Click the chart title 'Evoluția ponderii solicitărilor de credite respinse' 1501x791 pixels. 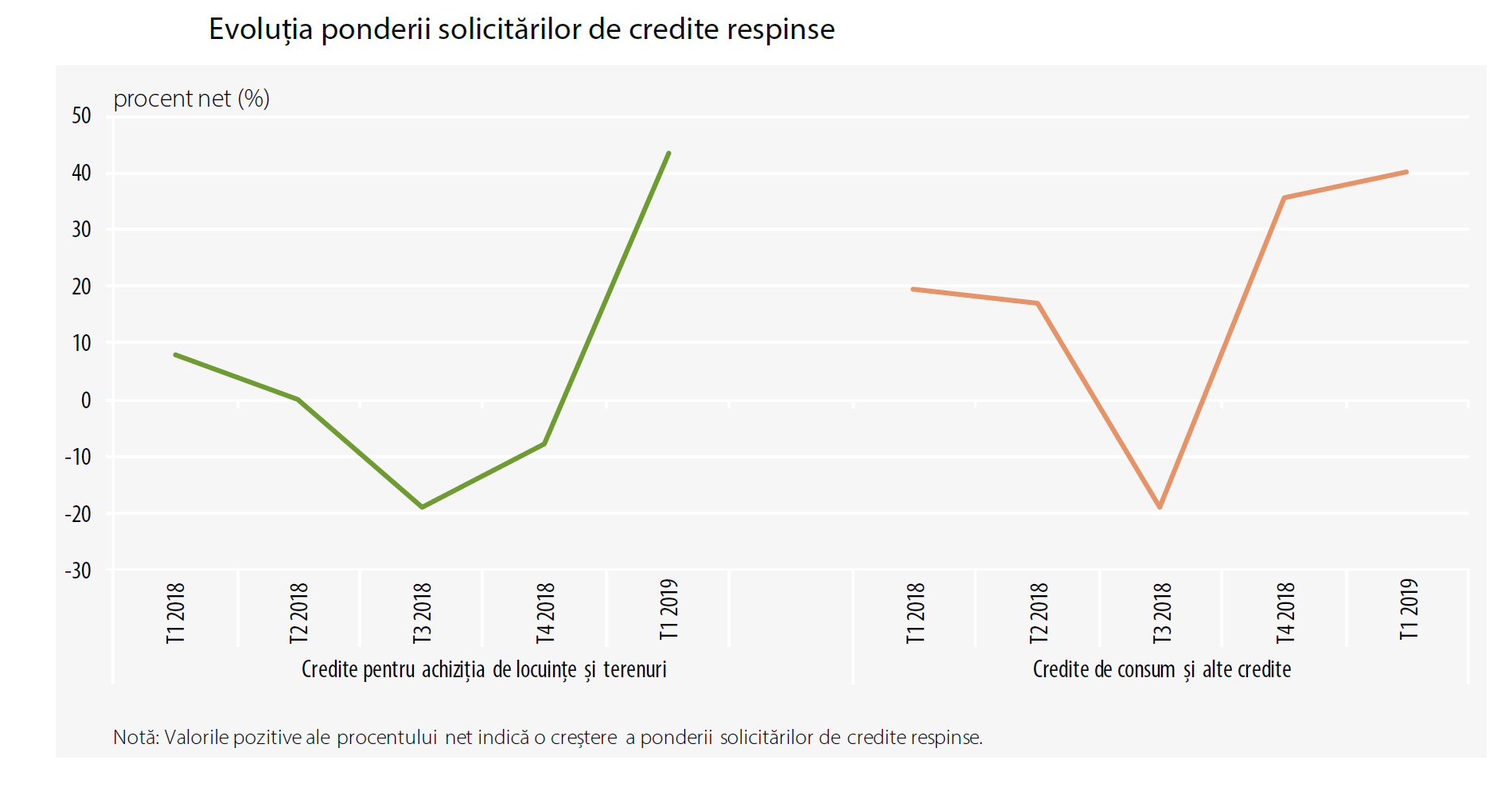point(521,29)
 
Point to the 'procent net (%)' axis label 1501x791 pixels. point(191,99)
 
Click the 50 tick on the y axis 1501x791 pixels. point(81,116)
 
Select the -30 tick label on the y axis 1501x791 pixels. point(78,571)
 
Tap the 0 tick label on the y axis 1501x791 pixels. point(86,400)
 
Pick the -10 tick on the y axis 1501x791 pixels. point(78,457)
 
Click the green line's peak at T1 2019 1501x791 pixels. point(669,153)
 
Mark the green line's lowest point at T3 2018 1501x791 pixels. point(422,507)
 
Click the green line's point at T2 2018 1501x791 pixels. point(298,399)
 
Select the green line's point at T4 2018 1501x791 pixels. point(544,443)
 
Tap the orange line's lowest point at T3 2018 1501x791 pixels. point(1160,507)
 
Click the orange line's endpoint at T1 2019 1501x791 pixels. point(1406,172)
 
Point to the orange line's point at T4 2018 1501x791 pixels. point(1284,197)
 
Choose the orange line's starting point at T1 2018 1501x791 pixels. point(913,289)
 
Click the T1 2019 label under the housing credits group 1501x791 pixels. point(669,610)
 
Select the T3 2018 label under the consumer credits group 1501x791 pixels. point(1162,613)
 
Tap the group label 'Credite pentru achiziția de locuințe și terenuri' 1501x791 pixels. point(484,669)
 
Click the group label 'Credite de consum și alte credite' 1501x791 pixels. point(1161,669)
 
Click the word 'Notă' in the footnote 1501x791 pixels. point(135,738)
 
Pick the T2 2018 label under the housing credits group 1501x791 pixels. point(298,613)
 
